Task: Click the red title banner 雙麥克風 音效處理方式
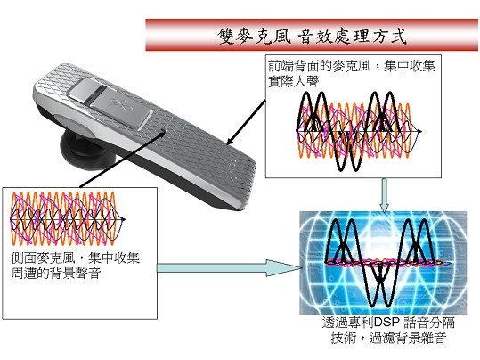tap(312, 35)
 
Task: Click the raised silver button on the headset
tap(110, 102)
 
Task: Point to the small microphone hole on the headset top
tap(164, 132)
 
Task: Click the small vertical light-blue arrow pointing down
tap(384, 195)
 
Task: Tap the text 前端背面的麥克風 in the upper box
tap(320, 66)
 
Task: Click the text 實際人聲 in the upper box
tap(294, 81)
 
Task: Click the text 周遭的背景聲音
tap(56, 273)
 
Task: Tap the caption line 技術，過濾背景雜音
tap(388, 338)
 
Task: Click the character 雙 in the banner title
tap(227, 36)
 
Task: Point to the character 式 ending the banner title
tap(398, 36)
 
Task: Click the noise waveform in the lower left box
tap(68, 218)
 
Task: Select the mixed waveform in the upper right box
tap(359, 131)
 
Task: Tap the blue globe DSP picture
tap(383, 263)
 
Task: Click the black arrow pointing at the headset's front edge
tap(246, 122)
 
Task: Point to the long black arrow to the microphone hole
tap(123, 159)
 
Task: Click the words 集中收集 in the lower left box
tap(114, 258)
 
